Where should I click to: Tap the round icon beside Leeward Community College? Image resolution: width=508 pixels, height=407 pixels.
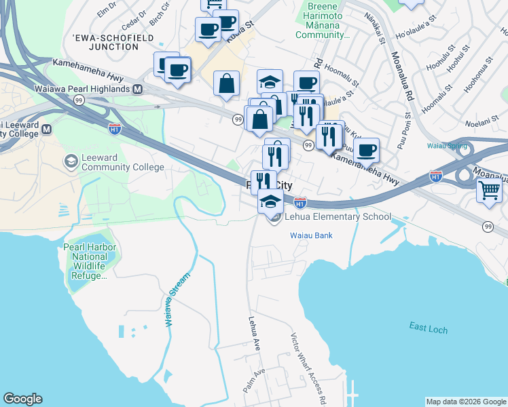(x=70, y=161)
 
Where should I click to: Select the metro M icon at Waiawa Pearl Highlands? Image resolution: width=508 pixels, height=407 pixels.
(x=137, y=89)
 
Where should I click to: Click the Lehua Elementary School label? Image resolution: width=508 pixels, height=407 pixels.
(x=339, y=217)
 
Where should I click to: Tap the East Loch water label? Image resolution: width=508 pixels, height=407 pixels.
(x=429, y=327)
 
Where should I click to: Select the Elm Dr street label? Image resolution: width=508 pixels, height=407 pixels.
(x=107, y=12)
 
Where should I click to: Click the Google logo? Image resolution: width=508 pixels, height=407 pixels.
(x=22, y=399)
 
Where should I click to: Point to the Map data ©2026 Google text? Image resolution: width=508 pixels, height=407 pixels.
(x=466, y=402)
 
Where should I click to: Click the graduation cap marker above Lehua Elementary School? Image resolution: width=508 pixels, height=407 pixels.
(x=270, y=200)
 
